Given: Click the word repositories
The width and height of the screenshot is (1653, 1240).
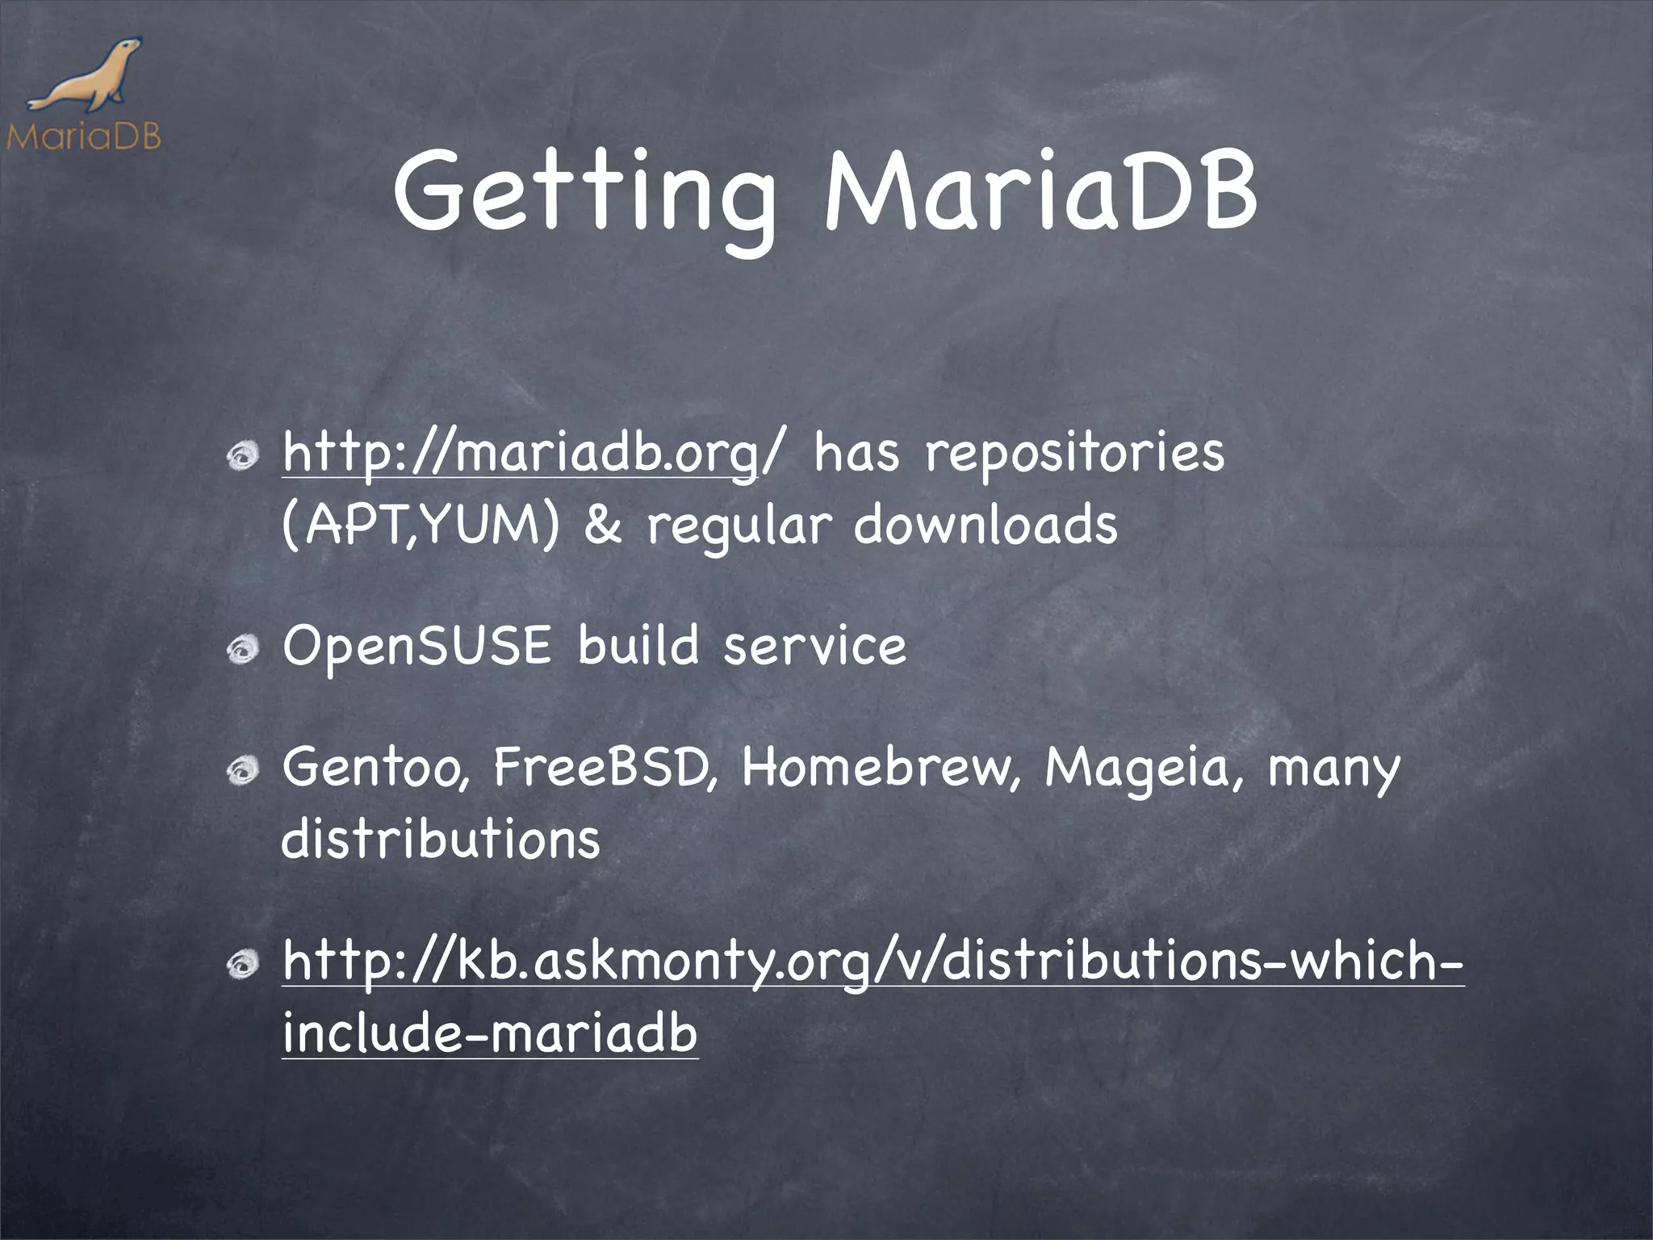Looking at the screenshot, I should point(1074,454).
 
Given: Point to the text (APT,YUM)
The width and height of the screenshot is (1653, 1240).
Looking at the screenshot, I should point(420,526).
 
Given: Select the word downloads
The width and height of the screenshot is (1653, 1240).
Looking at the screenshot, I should point(986,526).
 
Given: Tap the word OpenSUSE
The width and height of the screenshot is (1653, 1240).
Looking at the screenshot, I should point(416,647).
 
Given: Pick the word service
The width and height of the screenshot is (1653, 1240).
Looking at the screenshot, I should point(814,647).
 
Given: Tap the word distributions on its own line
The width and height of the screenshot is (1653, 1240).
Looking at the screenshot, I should point(441,840).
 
